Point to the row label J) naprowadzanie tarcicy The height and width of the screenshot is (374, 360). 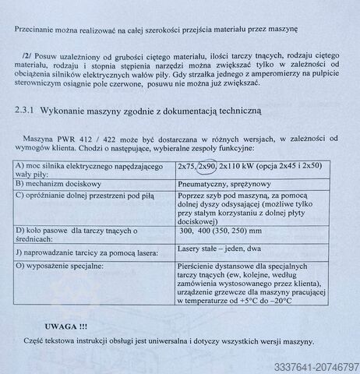point(85,252)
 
